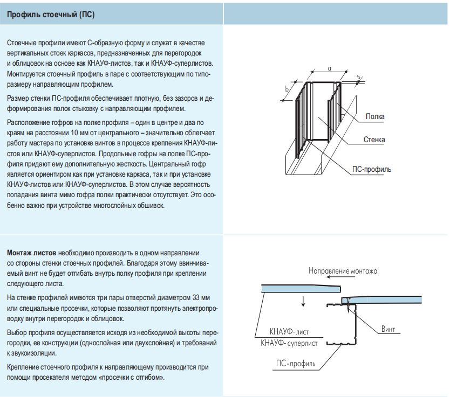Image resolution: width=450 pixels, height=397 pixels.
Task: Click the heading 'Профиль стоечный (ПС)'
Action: pyautogui.click(x=51, y=15)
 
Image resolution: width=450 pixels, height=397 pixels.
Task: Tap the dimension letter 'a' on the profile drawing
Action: pyautogui.click(x=329, y=68)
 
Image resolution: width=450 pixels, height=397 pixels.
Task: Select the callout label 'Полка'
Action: pyautogui.click(x=374, y=116)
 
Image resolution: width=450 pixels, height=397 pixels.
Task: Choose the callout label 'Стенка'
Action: pyautogui.click(x=374, y=140)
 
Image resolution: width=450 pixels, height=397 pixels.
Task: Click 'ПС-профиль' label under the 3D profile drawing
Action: pyautogui.click(x=372, y=169)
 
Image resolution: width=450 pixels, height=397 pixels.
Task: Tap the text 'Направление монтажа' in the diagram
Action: pyautogui.click(x=343, y=271)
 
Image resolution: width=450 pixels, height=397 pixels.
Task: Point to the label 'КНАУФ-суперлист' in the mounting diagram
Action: pyautogui.click(x=289, y=343)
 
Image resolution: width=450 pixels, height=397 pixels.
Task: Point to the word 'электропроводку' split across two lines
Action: pyautogui.click(x=194, y=308)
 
